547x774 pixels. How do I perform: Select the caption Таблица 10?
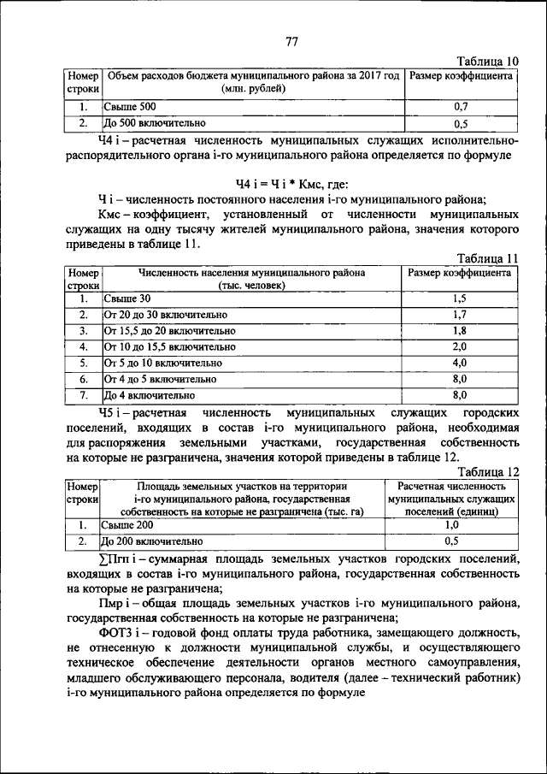488,61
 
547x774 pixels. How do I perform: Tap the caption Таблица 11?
488,258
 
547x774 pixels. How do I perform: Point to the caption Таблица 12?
488,470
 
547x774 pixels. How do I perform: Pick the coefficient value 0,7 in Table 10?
460,107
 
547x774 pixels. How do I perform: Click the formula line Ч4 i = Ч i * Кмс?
291,184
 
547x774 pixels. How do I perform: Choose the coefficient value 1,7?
460,315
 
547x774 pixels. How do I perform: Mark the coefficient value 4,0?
460,363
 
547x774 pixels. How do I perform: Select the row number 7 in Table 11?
84,395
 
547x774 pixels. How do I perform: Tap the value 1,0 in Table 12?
453,525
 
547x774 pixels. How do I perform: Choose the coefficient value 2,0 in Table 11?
460,346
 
